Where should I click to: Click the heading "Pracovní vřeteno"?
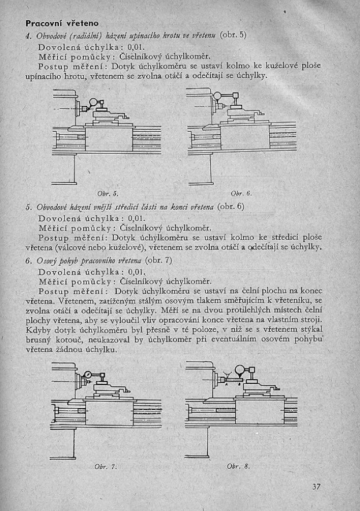click(62, 23)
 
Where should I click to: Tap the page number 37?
click(316, 486)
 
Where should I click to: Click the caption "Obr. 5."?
click(107, 192)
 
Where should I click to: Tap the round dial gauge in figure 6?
click(218, 96)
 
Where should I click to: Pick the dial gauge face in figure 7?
click(87, 375)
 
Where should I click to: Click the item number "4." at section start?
click(28, 35)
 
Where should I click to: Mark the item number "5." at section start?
click(28, 207)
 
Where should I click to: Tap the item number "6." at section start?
click(28, 260)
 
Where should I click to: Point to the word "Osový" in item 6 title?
click(48, 260)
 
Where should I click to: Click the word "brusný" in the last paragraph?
click(40, 340)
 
